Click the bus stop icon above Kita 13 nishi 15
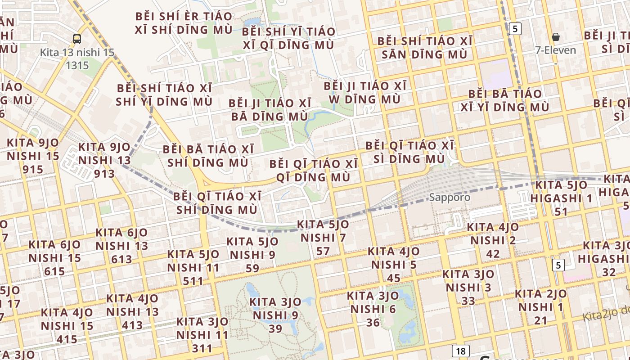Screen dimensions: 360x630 (x=77, y=39)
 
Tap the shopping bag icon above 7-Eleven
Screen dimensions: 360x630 (x=556, y=37)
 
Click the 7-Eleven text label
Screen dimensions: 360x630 (x=556, y=50)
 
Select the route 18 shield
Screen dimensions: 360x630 (x=460, y=351)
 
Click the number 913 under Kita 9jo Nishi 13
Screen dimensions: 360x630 (x=104, y=174)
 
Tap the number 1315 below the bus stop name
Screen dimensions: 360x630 (x=77, y=65)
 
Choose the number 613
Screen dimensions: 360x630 (x=121, y=259)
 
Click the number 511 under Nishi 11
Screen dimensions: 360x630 (x=193, y=281)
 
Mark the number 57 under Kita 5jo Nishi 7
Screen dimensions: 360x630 (x=323, y=251)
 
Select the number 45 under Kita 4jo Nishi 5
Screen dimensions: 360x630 (x=393, y=278)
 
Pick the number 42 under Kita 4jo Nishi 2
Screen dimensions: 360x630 (x=493, y=254)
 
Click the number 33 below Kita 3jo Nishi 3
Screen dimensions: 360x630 (x=468, y=301)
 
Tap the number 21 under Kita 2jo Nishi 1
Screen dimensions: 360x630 (x=540, y=320)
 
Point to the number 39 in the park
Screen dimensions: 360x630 (x=275, y=328)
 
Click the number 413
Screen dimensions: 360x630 (x=132, y=325)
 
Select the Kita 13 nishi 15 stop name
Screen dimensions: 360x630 (x=77, y=52)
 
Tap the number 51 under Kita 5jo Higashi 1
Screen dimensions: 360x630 (x=561, y=211)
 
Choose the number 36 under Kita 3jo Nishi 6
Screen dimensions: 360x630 (x=373, y=322)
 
